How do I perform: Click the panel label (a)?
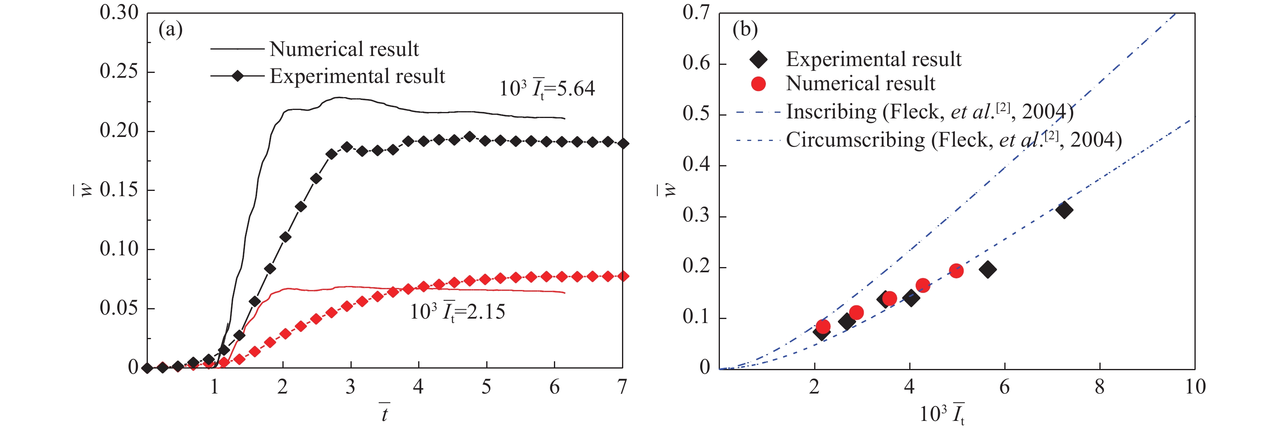coord(170,29)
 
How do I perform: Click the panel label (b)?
coord(745,29)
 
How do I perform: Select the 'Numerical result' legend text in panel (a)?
coord(344,49)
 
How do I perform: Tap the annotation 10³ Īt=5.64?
coord(547,89)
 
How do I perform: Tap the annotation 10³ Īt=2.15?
coord(458,312)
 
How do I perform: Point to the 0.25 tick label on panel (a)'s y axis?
coord(119,71)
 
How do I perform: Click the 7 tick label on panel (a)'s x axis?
coord(622,387)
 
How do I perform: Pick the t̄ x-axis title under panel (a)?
coord(385,413)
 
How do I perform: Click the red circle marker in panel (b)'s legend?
coord(759,84)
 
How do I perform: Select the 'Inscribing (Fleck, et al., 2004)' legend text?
coord(929,112)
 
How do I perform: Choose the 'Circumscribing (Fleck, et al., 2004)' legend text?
coord(953,140)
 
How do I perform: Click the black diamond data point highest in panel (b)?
coord(1064,210)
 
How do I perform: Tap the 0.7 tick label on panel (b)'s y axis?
coord(696,13)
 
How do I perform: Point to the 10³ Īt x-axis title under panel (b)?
coord(942,414)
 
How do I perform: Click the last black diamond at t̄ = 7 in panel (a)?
coord(623,143)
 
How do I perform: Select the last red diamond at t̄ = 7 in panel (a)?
coord(623,276)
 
